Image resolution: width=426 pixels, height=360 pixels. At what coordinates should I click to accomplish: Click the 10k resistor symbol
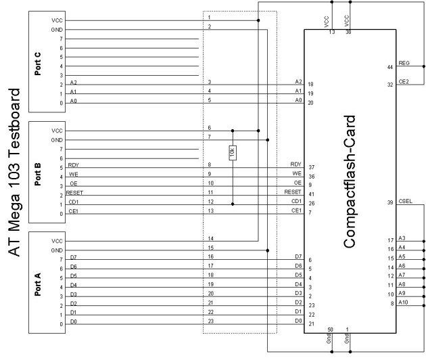[x=233, y=153]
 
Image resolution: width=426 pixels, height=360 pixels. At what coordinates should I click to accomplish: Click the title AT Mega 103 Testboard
[x=14, y=172]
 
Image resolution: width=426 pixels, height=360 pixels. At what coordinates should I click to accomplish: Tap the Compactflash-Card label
[x=350, y=181]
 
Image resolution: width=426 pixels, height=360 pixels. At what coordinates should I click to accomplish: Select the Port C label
[x=37, y=64]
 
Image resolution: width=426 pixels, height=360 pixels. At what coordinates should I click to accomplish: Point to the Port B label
[x=37, y=174]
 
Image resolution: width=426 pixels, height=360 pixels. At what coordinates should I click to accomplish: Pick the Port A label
[x=37, y=284]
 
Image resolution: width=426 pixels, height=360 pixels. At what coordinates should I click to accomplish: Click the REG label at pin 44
[x=404, y=63]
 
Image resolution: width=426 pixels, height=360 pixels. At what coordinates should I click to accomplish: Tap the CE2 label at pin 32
[x=404, y=82]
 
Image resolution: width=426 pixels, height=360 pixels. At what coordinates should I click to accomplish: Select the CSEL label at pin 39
[x=405, y=201]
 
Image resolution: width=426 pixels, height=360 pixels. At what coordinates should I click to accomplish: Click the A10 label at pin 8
[x=403, y=302]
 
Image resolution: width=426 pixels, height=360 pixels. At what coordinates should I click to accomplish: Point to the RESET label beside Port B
[x=74, y=193]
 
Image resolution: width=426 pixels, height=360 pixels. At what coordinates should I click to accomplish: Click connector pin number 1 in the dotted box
[x=209, y=18]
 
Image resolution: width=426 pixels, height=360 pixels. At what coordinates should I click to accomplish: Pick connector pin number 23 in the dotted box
[x=211, y=321]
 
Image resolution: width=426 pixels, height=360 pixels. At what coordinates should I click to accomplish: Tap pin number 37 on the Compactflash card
[x=311, y=167]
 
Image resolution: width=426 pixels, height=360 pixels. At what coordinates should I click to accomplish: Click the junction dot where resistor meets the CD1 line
[x=233, y=204]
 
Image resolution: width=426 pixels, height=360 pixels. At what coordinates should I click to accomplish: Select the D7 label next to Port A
[x=73, y=257]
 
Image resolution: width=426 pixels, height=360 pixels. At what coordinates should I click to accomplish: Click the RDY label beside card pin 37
[x=296, y=164]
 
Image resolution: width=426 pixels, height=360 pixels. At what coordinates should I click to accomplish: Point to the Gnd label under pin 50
[x=329, y=338]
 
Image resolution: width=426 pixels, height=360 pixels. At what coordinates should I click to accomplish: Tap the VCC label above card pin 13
[x=327, y=22]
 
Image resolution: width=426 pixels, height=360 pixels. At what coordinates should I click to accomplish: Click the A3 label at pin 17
[x=402, y=238]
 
